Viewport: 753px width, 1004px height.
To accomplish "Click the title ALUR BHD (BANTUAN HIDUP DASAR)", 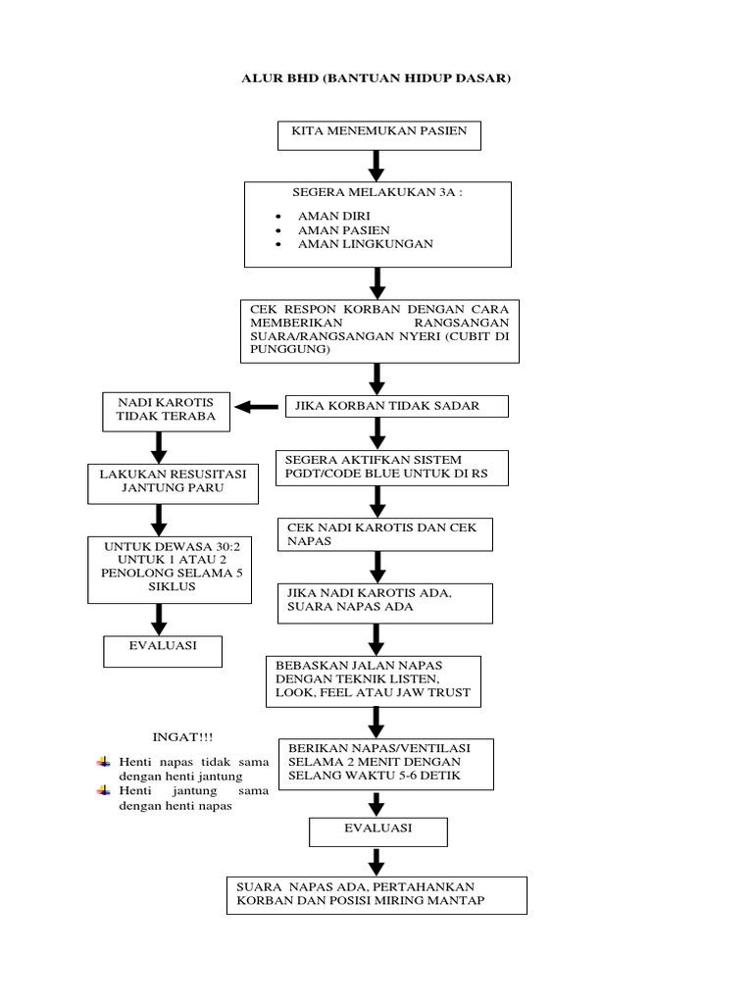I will coord(376,77).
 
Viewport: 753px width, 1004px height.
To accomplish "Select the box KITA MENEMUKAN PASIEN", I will coord(378,135).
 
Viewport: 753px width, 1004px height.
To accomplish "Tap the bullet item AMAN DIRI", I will coord(333,215).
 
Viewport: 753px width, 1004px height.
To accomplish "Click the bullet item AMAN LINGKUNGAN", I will coord(365,243).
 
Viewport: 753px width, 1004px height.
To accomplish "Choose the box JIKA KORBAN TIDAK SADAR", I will coord(396,406).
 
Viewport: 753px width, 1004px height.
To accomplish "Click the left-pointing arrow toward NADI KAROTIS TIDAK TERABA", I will coord(256,406).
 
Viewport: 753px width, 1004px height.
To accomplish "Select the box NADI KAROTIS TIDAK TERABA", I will coord(166,412).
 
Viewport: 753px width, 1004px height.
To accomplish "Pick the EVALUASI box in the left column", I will coord(163,650).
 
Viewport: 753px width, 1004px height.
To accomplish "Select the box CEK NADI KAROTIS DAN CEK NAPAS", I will coord(383,534).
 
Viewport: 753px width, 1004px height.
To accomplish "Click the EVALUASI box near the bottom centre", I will coord(378,829).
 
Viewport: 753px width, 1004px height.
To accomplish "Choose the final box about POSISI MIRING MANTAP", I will coord(376,894).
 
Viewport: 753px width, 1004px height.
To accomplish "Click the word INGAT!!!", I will coord(181,735).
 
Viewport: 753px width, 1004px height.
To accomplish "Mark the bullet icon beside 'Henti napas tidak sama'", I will coord(104,761).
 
